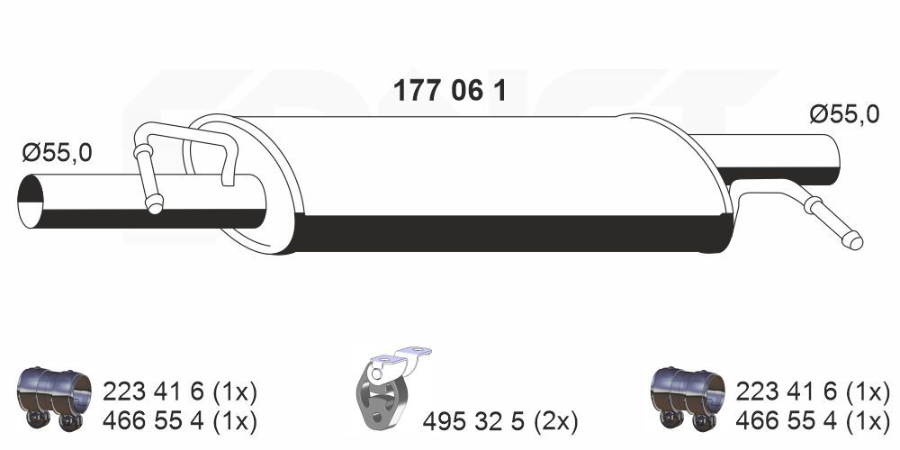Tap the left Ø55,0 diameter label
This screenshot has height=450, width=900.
[57, 153]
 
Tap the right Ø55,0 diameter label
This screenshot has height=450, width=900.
[843, 114]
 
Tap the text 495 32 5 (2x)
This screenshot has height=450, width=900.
[500, 420]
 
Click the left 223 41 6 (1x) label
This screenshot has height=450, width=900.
[180, 391]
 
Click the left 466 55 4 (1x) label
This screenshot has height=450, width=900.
[180, 419]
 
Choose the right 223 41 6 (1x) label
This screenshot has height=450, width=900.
[813, 391]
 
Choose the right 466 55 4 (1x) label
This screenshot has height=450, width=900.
[813, 419]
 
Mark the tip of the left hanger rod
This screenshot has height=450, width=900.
[155, 208]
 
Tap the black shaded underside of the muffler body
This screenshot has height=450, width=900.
[513, 234]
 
